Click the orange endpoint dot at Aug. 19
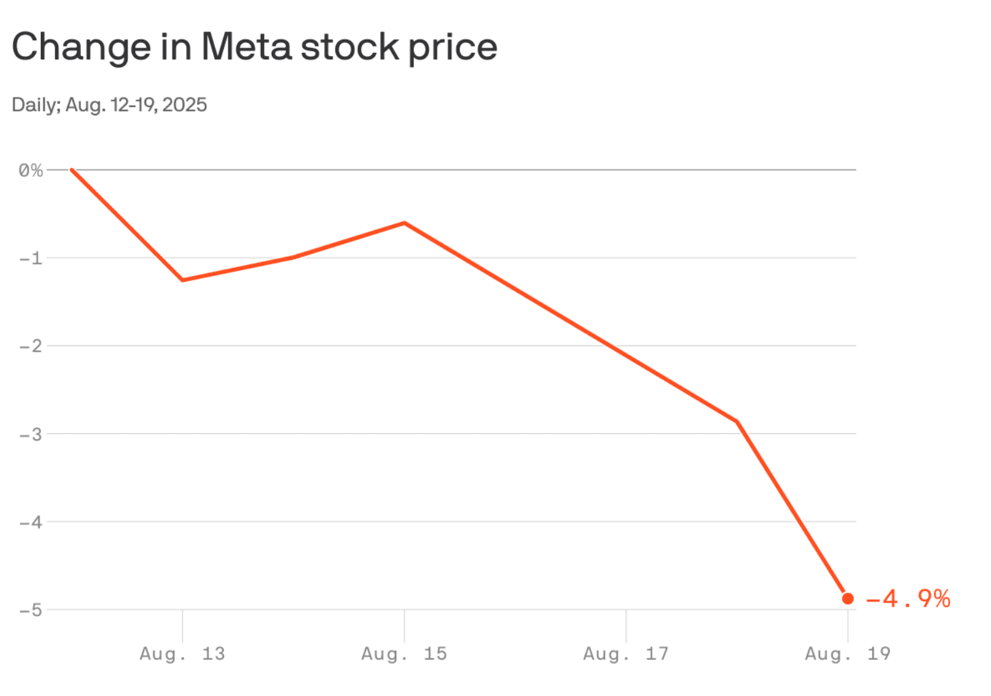click(x=848, y=598)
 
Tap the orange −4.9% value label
click(x=908, y=598)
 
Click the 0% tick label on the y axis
click(x=31, y=170)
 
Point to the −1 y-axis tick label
click(x=31, y=258)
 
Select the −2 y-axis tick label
click(x=31, y=346)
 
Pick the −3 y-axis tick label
click(x=31, y=434)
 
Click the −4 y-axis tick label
click(x=31, y=522)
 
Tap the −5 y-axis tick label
click(x=31, y=610)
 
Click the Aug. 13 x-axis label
click(x=182, y=653)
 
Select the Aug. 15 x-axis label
click(x=404, y=653)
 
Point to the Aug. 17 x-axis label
click(x=626, y=653)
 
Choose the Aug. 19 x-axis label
click(x=848, y=653)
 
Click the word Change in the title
click(x=81, y=47)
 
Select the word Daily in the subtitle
click(x=35, y=105)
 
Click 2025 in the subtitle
click(x=184, y=105)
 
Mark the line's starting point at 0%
click(x=72, y=170)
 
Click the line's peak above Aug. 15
click(x=404, y=222)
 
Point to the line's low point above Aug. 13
click(x=183, y=280)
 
